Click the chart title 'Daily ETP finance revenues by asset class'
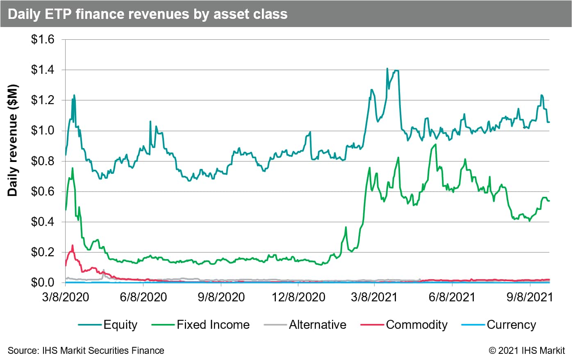(148, 14)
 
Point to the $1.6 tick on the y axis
(43, 40)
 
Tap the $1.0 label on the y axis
(43, 131)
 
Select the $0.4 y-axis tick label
(43, 222)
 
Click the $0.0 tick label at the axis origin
(43, 283)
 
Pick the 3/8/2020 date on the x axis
(66, 297)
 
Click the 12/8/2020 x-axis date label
(298, 297)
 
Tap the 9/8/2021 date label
(530, 297)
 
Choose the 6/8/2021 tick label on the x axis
(452, 297)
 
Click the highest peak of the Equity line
(387, 68)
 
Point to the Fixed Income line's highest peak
(435, 144)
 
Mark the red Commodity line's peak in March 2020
(73, 245)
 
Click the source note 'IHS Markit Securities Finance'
(86, 351)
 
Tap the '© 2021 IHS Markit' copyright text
(527, 351)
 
